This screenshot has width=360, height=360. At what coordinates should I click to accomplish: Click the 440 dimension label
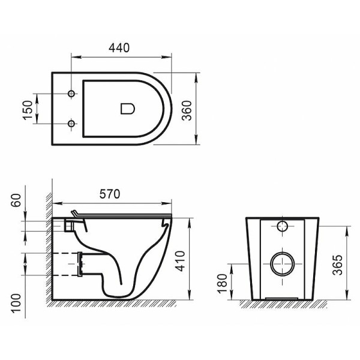120,47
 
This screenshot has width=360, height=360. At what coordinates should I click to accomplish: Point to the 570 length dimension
110,194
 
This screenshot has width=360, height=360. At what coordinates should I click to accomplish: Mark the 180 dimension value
221,280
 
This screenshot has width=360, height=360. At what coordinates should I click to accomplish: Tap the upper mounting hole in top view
72,94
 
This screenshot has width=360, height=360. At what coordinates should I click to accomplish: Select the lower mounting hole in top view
72,124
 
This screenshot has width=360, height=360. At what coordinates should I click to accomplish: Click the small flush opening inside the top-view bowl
128,109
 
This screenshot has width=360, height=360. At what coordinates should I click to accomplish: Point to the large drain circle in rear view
281,263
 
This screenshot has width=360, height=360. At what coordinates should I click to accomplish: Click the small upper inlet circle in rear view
283,227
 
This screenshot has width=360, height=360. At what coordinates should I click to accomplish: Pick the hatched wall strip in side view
48,252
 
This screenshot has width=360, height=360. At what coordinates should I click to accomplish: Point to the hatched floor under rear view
282,303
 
